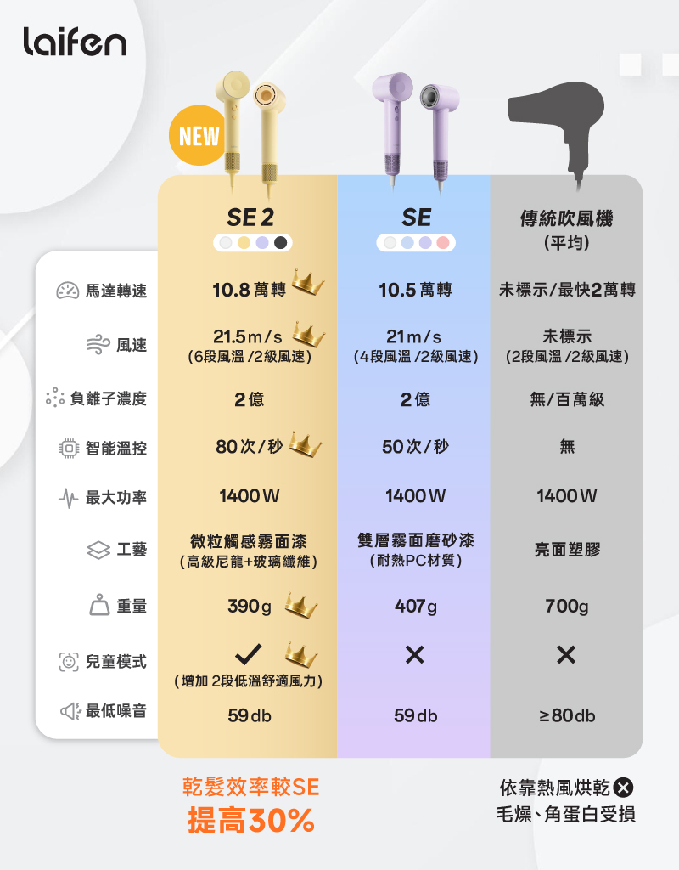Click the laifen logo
[x=75, y=41]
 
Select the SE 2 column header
[x=247, y=217]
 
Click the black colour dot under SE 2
[x=281, y=243]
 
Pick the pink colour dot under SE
[x=443, y=243]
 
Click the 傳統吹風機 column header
[x=566, y=219]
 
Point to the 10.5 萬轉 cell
[x=415, y=291]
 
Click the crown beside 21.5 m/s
[x=309, y=335]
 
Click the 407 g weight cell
[x=415, y=607]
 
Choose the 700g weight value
[x=566, y=607]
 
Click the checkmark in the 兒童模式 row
[x=247, y=653]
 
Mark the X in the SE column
[x=415, y=654]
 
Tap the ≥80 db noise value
[x=566, y=716]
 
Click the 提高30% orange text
[x=250, y=821]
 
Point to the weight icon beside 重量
[x=99, y=604]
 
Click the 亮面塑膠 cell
[x=566, y=551]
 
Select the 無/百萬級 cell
[x=566, y=398]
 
